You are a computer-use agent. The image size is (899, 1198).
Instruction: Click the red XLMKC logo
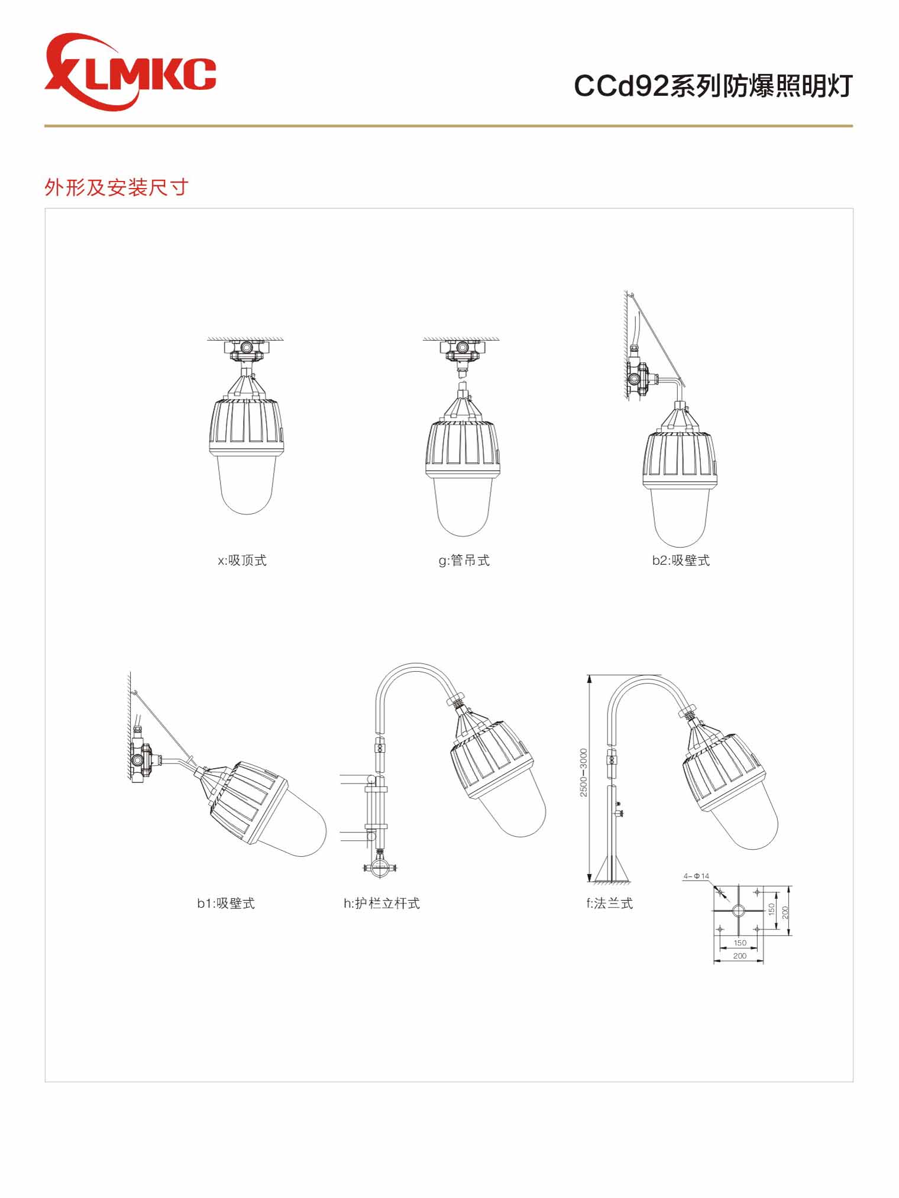pos(130,72)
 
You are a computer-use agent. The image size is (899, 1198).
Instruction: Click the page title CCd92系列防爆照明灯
pos(713,86)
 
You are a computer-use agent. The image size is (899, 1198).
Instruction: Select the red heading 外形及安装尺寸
pos(117,187)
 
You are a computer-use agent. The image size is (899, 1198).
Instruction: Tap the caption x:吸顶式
pos(242,560)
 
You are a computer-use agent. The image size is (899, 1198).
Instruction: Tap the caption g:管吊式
pos(464,560)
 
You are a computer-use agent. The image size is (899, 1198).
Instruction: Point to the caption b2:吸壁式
pos(681,560)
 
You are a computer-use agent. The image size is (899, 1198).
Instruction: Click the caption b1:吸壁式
pos(226,903)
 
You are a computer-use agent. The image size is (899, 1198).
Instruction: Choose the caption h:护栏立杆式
pos(381,903)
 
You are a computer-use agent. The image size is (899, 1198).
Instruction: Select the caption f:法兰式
pos(609,903)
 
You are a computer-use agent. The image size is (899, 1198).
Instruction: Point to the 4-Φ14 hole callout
pos(696,876)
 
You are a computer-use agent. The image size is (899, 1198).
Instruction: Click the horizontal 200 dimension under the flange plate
pos(739,956)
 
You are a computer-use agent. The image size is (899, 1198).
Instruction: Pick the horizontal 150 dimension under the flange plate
pos(739,943)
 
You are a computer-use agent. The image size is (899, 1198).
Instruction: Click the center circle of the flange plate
pos(738,909)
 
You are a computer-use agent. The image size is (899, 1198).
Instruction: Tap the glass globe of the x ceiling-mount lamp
pos(247,485)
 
